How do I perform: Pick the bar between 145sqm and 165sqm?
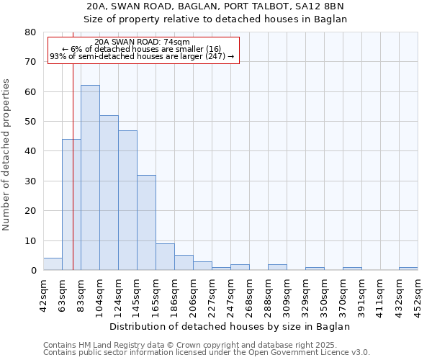(146, 222)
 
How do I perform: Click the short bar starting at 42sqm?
(53, 264)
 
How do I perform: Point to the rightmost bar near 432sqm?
(408, 269)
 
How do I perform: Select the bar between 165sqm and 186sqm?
(165, 257)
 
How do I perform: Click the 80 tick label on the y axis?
(30, 32)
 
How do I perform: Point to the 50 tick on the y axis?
(30, 122)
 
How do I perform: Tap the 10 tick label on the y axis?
(30, 240)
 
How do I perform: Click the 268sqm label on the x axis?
(249, 293)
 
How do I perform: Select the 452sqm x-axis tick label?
(418, 293)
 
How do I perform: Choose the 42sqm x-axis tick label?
(43, 293)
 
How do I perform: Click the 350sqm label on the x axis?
(324, 293)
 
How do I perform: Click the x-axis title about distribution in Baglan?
(230, 326)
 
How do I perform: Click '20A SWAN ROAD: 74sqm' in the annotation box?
(142, 42)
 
